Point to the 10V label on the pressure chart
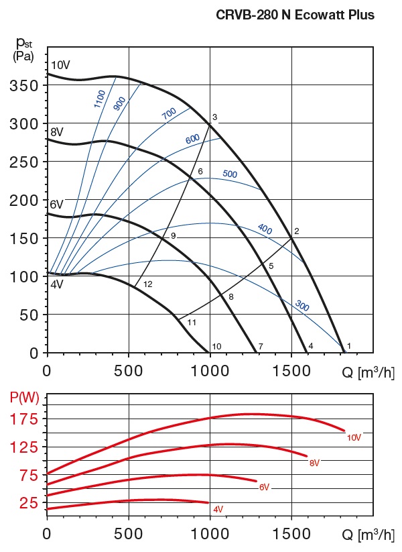[x=60, y=65]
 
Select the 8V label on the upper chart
[x=57, y=131]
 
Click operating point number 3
[x=214, y=117]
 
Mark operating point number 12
[x=148, y=284]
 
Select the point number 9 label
[x=173, y=236]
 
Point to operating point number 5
[x=271, y=266]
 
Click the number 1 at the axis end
[x=349, y=346]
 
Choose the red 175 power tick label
[x=24, y=419]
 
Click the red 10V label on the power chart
[x=354, y=438]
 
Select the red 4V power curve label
[x=218, y=510]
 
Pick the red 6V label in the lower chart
[x=264, y=487]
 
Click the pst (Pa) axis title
[x=25, y=48]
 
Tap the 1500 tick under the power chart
[x=291, y=535]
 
